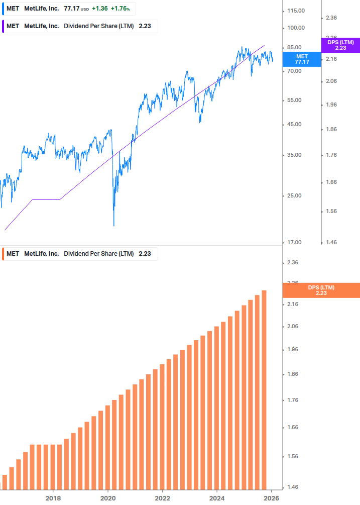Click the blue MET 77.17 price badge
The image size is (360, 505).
(302, 59)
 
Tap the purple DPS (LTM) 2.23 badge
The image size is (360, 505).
(340, 45)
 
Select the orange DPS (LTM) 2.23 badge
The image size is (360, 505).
(321, 290)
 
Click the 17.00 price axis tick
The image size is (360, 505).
(294, 243)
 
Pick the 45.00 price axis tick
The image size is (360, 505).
(294, 125)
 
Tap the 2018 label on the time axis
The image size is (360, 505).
(53, 498)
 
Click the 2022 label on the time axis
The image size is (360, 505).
(162, 498)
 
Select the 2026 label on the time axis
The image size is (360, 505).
(271, 498)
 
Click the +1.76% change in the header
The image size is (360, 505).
(120, 9)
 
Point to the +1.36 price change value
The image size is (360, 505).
(99, 9)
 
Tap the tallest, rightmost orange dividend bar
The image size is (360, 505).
(264, 389)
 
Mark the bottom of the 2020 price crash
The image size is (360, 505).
(114, 225)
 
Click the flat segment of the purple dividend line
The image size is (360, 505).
(46, 199)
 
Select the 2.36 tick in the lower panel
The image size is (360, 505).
(293, 263)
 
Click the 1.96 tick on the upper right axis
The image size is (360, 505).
(331, 105)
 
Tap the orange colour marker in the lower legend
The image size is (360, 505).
(3, 254)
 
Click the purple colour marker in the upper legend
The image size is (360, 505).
(3, 26)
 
